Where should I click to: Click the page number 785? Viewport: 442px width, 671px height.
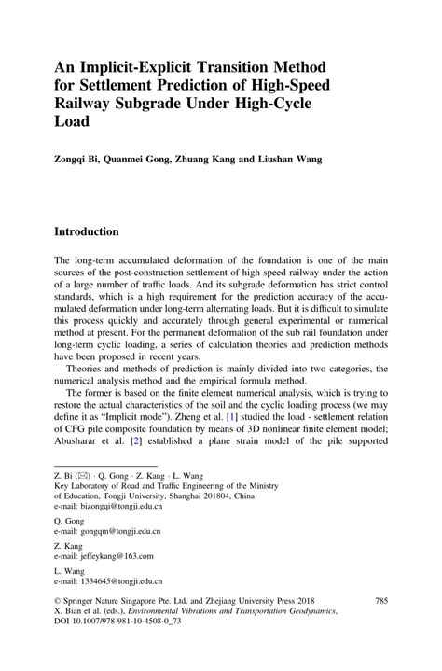click(380, 627)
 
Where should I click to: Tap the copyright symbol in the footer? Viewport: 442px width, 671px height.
click(58, 627)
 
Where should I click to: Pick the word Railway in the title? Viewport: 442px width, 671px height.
click(90, 103)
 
